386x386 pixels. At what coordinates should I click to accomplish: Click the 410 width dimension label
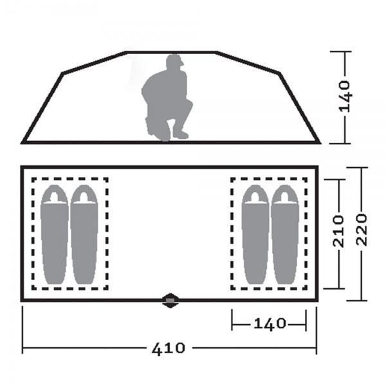tap(168, 348)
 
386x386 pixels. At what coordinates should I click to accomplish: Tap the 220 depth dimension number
tap(362, 230)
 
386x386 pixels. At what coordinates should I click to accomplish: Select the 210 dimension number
tap(338, 231)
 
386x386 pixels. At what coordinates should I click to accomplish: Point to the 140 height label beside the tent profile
tap(344, 96)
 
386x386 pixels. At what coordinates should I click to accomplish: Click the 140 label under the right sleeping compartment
tap(270, 324)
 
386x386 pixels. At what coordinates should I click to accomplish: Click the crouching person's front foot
tap(180, 134)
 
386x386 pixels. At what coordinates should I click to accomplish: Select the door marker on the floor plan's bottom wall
tap(170, 300)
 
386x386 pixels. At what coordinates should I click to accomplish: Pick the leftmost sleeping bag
tap(55, 234)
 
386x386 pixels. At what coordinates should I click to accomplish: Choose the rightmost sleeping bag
tap(285, 234)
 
